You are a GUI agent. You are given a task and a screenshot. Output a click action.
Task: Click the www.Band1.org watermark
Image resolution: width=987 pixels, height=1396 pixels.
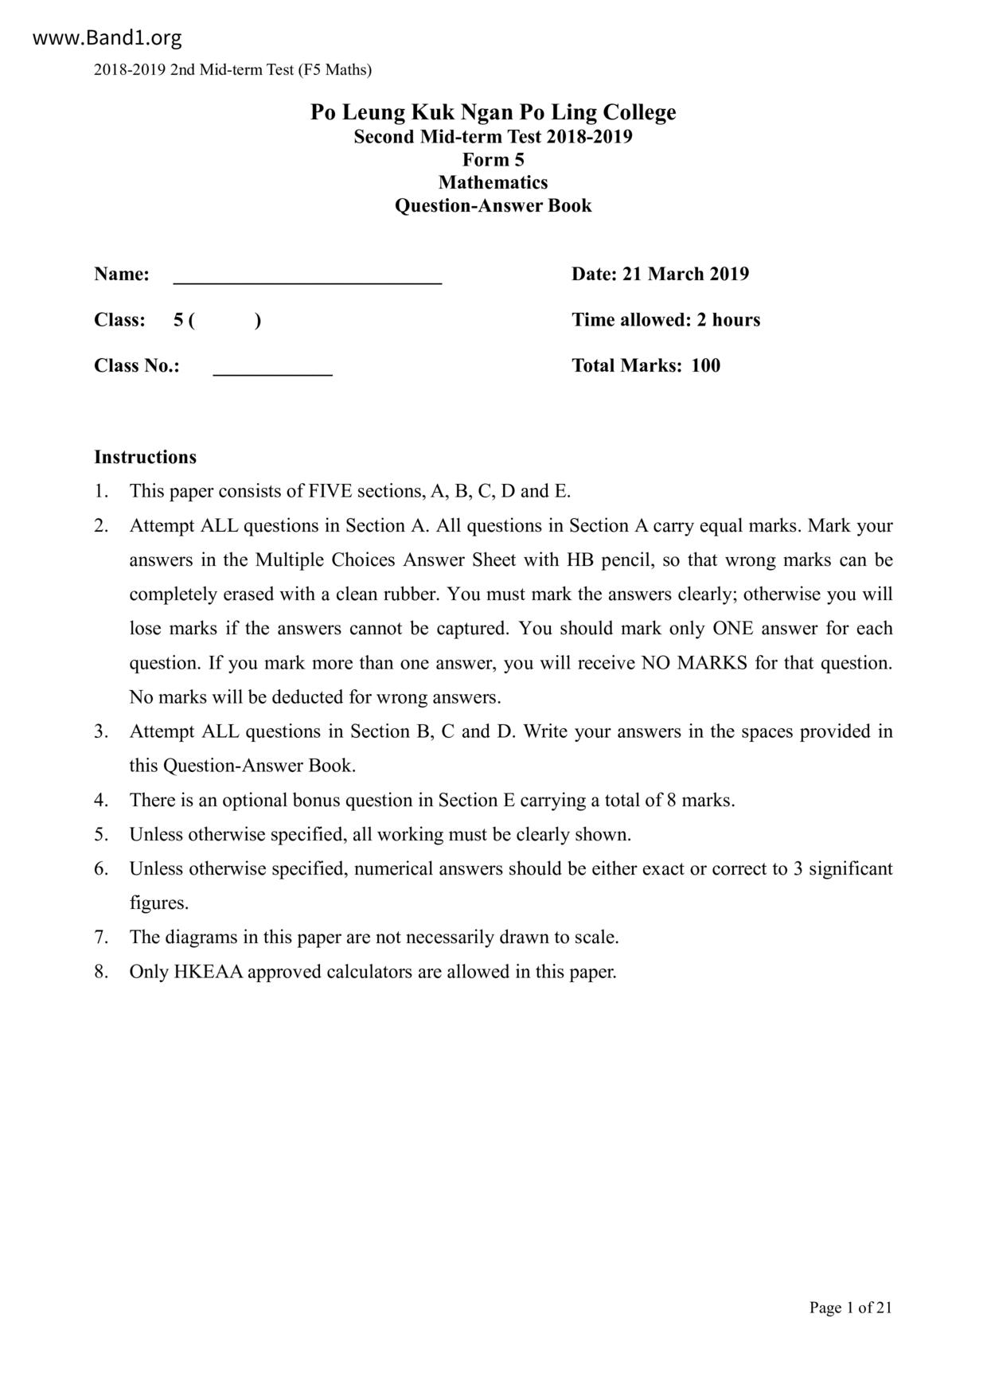107,37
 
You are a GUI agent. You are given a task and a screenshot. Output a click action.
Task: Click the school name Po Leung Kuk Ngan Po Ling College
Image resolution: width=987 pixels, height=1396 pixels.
493,112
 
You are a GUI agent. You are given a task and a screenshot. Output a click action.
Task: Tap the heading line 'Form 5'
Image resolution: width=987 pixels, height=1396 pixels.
493,159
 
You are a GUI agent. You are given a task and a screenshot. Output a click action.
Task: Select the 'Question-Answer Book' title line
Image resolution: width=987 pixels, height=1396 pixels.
493,205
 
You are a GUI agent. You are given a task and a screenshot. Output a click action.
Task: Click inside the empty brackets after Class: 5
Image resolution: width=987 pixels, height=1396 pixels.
225,320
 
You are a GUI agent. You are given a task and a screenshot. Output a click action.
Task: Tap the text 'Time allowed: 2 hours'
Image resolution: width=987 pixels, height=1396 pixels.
665,320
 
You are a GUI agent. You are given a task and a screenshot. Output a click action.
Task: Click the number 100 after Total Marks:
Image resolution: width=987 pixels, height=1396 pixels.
705,365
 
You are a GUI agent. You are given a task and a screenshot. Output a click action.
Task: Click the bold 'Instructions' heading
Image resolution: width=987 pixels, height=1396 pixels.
145,457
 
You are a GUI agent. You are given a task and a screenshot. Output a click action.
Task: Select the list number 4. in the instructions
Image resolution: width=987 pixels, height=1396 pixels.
101,800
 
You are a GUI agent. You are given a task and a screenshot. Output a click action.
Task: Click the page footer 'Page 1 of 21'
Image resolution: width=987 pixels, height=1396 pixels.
850,1308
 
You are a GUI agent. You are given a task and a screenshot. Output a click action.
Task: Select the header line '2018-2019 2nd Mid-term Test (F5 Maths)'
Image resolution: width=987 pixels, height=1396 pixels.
232,70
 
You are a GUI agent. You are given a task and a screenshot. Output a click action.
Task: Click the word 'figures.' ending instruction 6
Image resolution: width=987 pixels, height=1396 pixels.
159,903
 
